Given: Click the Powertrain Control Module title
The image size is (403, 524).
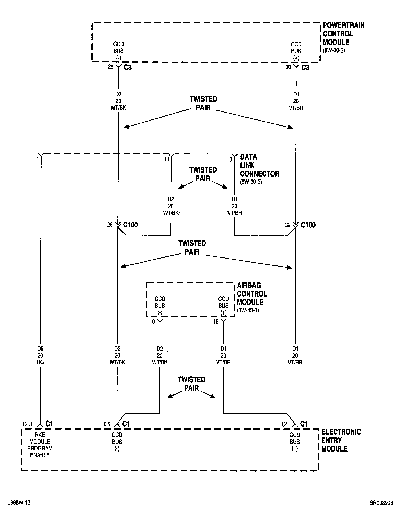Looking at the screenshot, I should [343, 34].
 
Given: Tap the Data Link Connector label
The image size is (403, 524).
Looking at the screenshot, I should [259, 165].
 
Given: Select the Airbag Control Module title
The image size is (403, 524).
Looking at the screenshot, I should [252, 294].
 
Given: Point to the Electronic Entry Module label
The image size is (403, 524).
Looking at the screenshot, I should [341, 440].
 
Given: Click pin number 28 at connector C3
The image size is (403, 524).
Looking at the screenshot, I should [111, 67].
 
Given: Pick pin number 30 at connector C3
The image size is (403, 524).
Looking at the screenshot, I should [288, 67].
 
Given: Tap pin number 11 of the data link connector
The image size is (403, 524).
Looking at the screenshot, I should [166, 160].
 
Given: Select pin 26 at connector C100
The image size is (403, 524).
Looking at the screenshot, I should [110, 225].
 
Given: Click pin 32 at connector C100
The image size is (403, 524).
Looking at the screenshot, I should [288, 225].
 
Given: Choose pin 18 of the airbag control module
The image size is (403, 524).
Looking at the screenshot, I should [152, 321].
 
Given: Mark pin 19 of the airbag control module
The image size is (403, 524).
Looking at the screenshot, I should [216, 321].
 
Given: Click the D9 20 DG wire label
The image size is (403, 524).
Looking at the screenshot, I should [40, 355].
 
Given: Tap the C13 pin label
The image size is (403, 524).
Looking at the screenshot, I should [28, 424].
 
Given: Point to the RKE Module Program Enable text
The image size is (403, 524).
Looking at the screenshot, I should [40, 445].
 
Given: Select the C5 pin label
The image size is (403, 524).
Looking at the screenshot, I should [107, 424].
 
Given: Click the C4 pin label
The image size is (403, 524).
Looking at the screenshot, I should [285, 424].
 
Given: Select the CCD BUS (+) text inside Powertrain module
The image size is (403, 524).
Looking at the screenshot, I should [296, 51].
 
